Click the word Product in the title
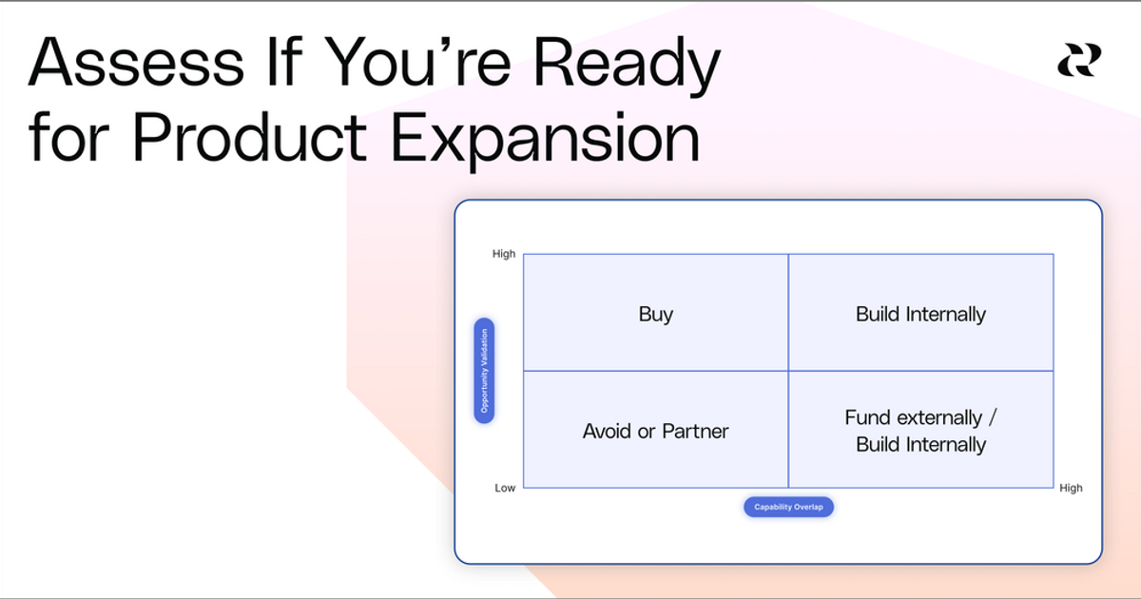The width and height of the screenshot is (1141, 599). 249,139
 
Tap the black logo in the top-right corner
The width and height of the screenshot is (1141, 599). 1079,61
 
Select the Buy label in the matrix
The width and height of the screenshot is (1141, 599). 655,315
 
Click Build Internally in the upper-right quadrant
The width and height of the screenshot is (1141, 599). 920,315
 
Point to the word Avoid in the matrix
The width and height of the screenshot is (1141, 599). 607,432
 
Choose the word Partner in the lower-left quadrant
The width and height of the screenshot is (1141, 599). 695,432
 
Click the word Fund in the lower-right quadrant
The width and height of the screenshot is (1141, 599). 867,418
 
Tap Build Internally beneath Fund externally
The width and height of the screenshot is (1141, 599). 920,445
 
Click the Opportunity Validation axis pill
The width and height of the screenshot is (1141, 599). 484,370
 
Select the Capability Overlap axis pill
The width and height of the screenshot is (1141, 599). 788,507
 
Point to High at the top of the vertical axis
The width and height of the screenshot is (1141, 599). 504,254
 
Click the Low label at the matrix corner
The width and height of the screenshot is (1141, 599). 505,488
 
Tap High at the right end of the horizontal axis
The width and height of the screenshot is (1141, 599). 1071,488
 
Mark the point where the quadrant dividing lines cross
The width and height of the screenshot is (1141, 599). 788,371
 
